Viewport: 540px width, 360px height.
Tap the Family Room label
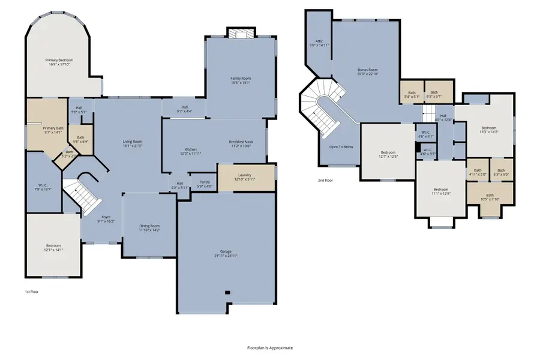click(241, 79)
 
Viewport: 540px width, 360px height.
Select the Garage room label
click(226, 251)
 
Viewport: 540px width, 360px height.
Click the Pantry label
click(203, 184)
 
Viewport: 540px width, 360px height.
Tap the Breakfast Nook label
click(241, 142)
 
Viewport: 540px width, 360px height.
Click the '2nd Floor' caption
click(325, 179)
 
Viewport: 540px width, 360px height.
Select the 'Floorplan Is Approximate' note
click(270, 347)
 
